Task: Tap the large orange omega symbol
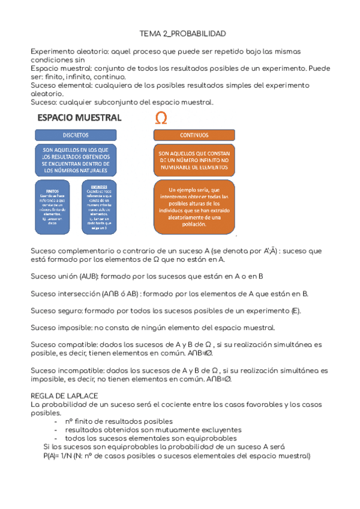click(161, 118)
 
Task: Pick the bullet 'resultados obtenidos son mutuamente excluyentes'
click(153, 430)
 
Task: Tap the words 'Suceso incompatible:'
click(67, 371)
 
